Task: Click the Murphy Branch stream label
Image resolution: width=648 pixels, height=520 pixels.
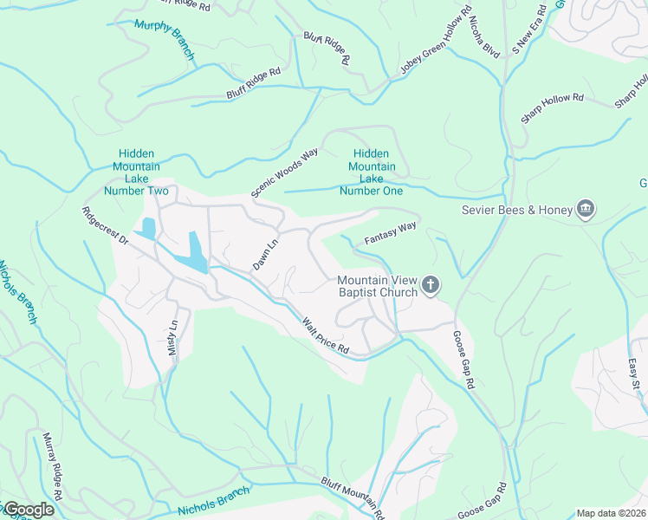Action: click(x=165, y=37)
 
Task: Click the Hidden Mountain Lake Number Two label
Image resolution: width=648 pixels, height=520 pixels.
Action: click(x=137, y=172)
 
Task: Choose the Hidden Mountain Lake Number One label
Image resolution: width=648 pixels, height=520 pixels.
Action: click(x=372, y=172)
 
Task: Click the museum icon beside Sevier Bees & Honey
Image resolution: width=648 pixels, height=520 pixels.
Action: click(x=586, y=210)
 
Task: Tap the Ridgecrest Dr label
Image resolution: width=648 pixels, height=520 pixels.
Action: click(x=105, y=226)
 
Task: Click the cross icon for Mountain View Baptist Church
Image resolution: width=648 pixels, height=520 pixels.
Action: click(x=431, y=286)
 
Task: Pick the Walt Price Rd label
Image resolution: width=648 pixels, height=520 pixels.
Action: click(x=325, y=337)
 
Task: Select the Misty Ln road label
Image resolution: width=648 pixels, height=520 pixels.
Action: click(x=172, y=336)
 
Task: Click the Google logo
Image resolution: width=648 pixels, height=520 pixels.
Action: click(x=28, y=510)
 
